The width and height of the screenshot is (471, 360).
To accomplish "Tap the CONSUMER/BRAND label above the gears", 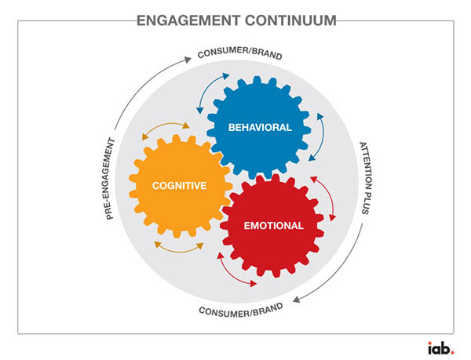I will point(239,56).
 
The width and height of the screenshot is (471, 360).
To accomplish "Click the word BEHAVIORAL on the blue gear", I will point(259,127).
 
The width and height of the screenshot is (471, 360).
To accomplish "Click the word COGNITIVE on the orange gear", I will point(180,186).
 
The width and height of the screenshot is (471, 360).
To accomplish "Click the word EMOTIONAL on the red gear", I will point(273,226).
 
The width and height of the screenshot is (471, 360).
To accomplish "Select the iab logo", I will point(439,347).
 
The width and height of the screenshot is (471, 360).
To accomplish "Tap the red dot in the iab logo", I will point(451,351).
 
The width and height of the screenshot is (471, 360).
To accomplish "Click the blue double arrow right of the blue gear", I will point(322,136).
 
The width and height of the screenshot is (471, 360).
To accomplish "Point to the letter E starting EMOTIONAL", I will point(246,226).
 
